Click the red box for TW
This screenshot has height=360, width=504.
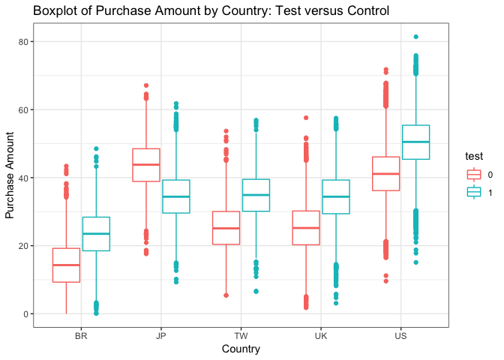click(x=226, y=228)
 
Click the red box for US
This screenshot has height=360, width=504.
click(x=386, y=173)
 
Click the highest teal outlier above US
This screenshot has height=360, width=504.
click(x=416, y=37)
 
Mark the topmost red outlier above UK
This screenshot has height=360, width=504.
click(x=306, y=118)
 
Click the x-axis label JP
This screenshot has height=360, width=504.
click(x=161, y=337)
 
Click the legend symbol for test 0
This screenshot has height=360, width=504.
click(x=474, y=175)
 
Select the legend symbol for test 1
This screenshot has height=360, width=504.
click(x=474, y=192)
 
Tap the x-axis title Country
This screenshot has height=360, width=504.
click(x=241, y=349)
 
